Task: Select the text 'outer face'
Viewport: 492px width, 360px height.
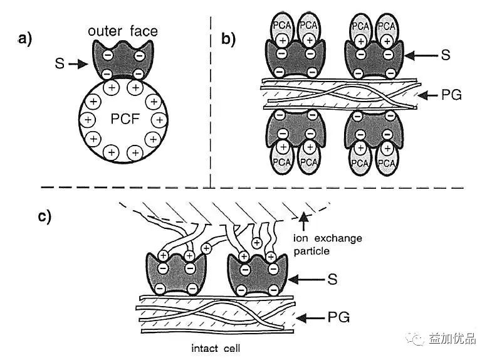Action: [123, 31]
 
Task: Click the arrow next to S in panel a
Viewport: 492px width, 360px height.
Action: [77, 63]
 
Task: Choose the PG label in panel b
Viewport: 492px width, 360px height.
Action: [450, 95]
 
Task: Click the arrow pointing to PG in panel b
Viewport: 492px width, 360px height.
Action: [428, 95]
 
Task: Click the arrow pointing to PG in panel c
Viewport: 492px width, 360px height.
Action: [308, 319]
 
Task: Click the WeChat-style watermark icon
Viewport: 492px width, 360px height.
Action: [415, 339]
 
